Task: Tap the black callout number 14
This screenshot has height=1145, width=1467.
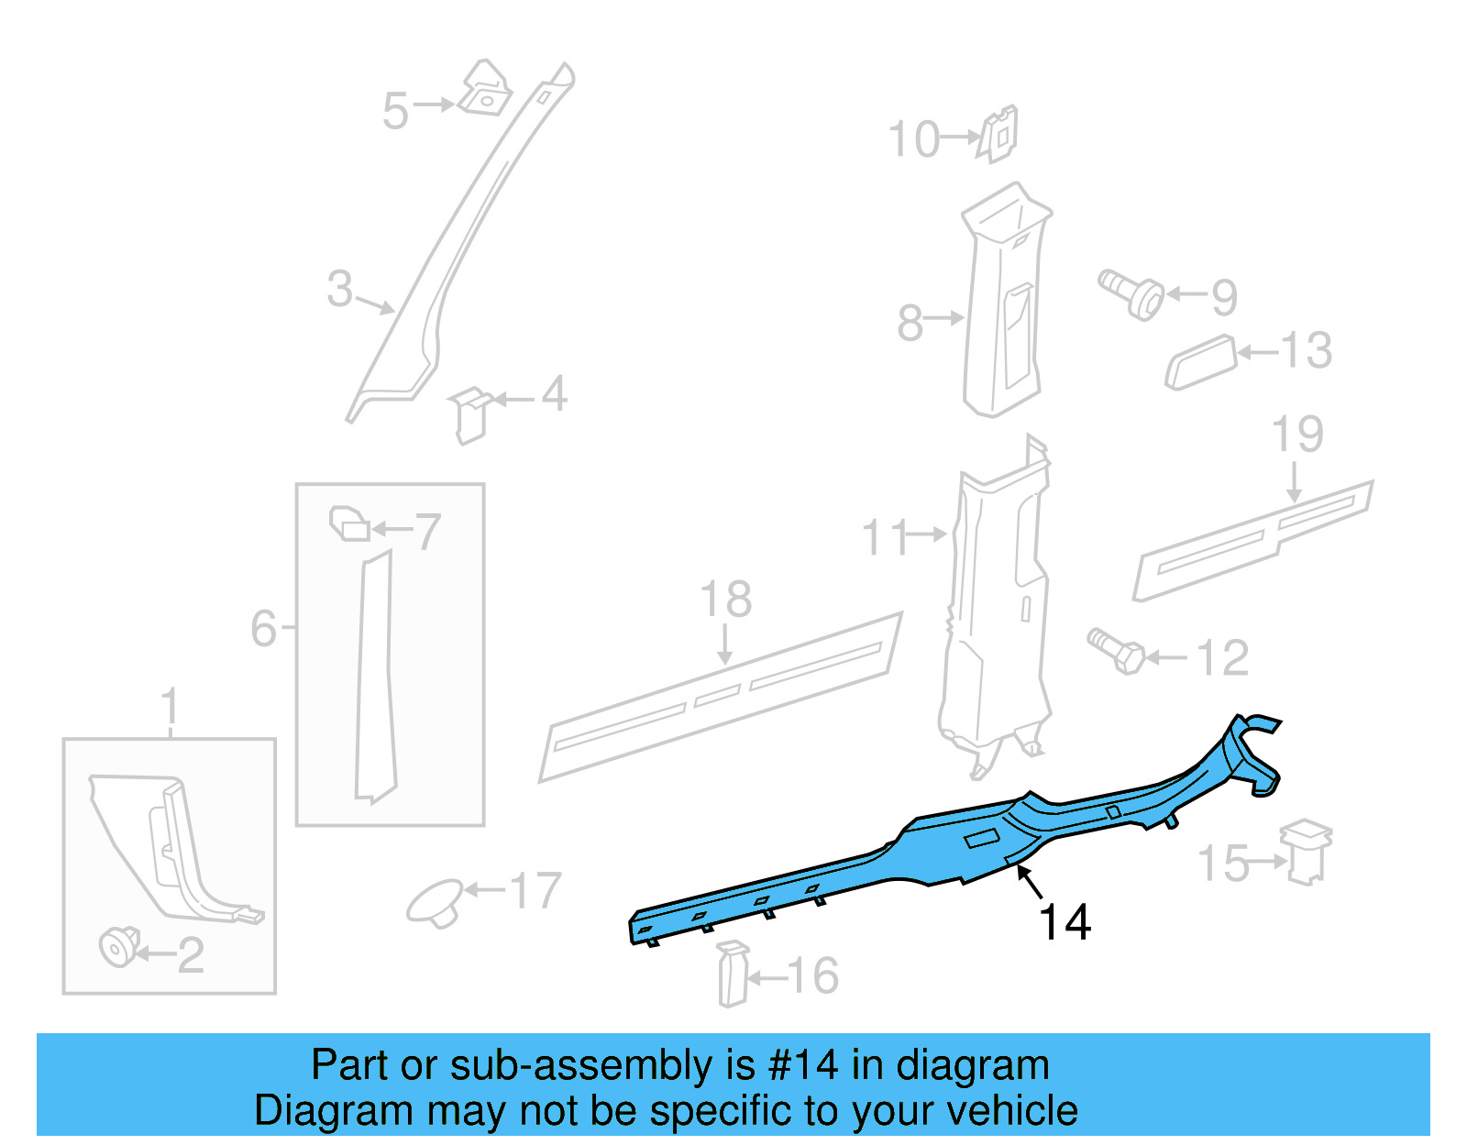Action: tap(1064, 922)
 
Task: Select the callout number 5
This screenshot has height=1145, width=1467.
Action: tap(395, 111)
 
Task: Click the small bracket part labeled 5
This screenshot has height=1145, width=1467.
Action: tap(484, 90)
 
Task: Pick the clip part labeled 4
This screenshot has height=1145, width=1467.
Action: tap(469, 413)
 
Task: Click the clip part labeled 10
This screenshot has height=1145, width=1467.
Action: tap(998, 134)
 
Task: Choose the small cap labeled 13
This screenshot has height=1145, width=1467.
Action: tap(1200, 362)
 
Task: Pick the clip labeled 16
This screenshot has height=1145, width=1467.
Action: tap(733, 974)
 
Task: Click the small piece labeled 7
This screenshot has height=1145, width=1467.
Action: tap(349, 524)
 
